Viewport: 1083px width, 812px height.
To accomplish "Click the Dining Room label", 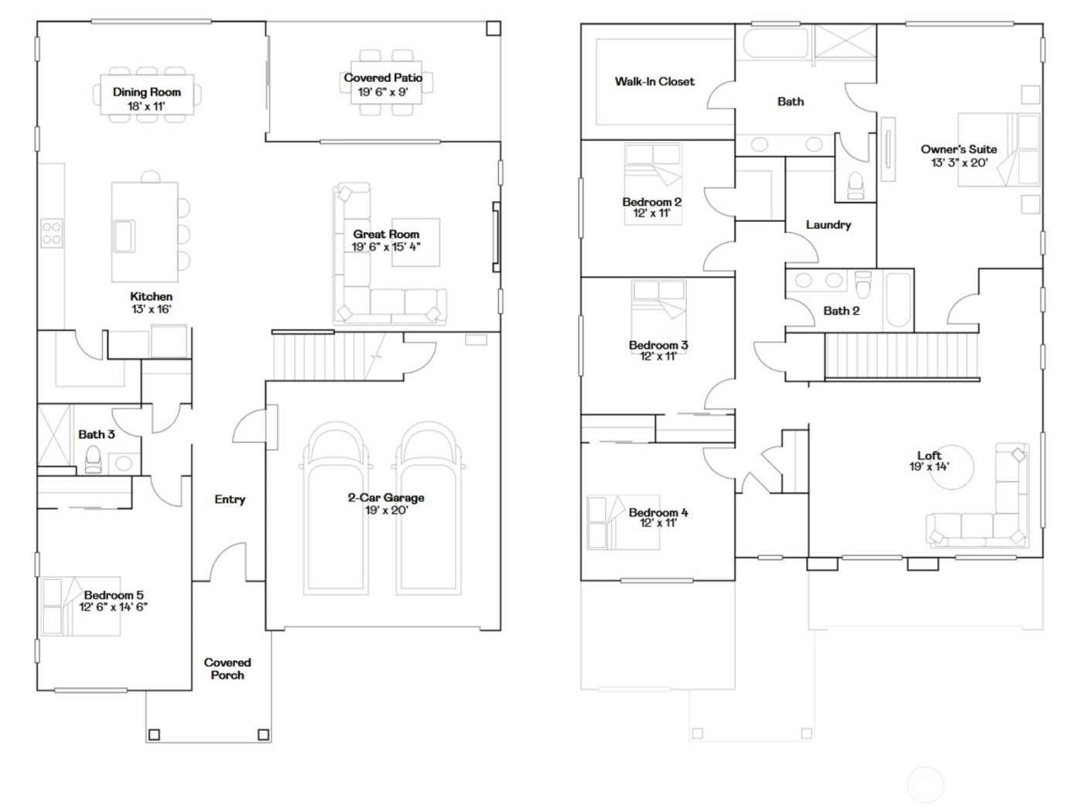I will (147, 92).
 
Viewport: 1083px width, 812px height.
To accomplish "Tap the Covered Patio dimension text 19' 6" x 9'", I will (383, 92).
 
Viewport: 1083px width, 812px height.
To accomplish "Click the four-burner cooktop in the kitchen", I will (52, 233).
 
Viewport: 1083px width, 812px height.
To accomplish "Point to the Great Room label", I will (386, 234).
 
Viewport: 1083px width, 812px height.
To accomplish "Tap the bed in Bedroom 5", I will (81, 606).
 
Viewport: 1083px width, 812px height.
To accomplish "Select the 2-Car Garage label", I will (385, 498).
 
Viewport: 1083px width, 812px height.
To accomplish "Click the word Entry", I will (230, 500).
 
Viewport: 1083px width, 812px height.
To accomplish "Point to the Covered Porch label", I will (227, 669).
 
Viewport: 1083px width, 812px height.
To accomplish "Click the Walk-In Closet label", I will (654, 81).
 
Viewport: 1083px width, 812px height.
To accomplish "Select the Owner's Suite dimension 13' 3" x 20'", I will (959, 162).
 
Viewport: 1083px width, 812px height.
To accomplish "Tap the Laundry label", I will (828, 225).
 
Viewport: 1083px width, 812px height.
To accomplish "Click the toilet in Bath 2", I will (863, 285).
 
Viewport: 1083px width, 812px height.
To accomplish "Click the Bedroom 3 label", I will (658, 346).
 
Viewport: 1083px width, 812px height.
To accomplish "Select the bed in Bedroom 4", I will (623, 523).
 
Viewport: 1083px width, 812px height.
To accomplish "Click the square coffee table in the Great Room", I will (415, 243).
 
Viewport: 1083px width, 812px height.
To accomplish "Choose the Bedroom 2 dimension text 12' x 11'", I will (651, 213).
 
